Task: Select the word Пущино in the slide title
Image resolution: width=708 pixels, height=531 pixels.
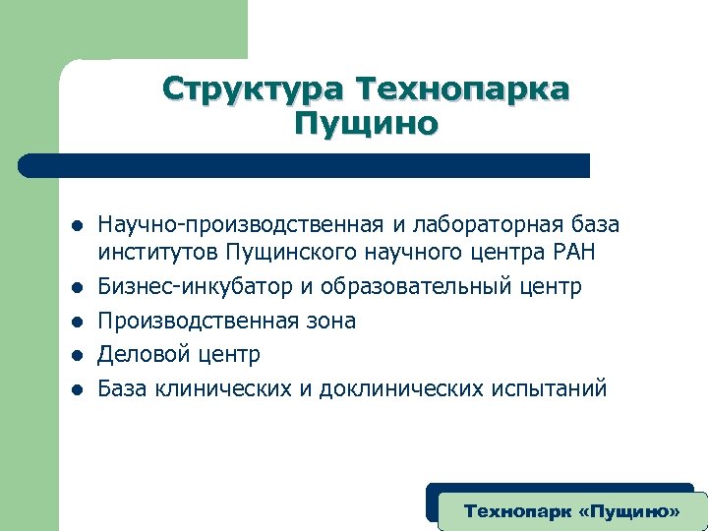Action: (366, 125)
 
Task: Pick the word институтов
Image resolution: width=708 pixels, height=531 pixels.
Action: (157, 254)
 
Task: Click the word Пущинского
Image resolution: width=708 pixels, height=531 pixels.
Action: (287, 254)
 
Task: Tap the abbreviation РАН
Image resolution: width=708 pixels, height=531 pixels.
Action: (567, 253)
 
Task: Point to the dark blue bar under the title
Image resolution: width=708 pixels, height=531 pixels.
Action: (305, 165)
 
